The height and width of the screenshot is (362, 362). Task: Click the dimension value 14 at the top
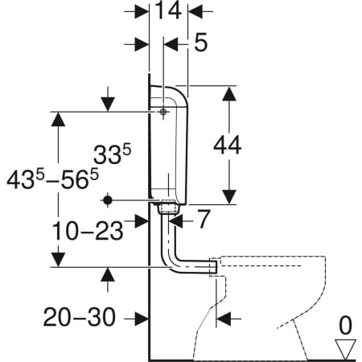coord(168,10)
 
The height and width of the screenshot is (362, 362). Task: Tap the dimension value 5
coord(200,43)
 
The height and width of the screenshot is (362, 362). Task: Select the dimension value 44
coord(228,146)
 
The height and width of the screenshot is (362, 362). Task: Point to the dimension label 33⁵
coord(113,154)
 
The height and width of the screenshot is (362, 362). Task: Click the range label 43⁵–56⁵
coord(53,179)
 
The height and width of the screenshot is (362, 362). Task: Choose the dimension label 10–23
coord(88,231)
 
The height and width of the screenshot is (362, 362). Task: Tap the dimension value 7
coord(204,219)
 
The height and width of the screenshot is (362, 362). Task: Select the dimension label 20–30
coord(80,317)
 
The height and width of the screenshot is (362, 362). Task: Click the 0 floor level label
coord(345,325)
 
